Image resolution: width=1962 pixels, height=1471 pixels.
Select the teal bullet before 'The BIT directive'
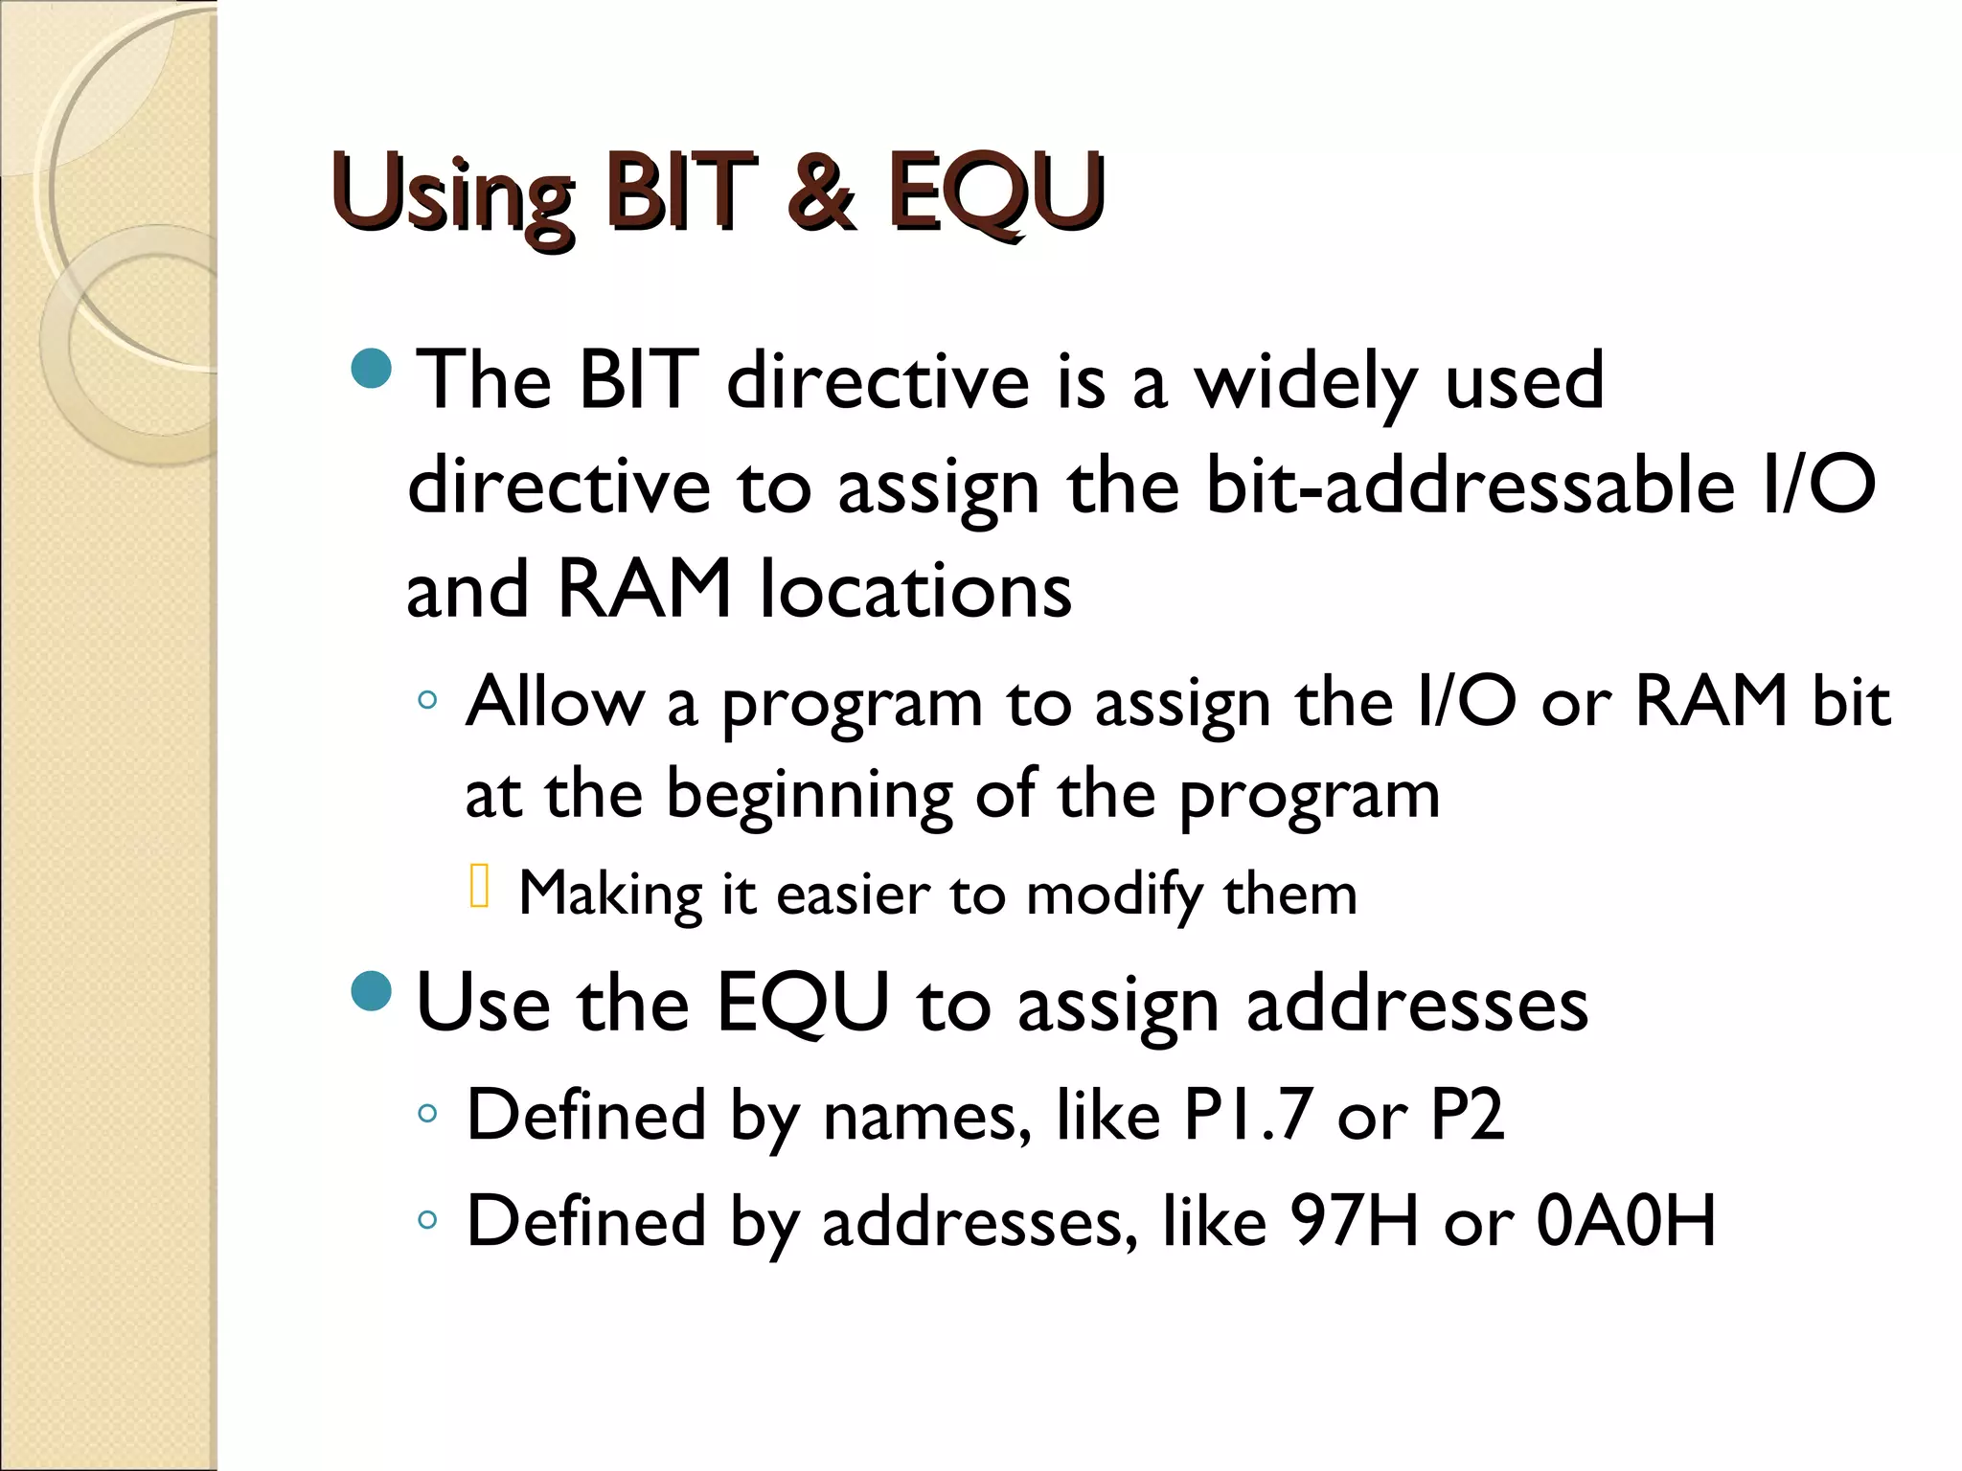tap(372, 369)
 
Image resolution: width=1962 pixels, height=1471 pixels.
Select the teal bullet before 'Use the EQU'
tap(372, 991)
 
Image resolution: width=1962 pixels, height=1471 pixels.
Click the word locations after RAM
tap(916, 590)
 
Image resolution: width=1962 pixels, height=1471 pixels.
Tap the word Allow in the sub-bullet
tap(555, 702)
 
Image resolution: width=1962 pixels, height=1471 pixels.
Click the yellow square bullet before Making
tap(480, 886)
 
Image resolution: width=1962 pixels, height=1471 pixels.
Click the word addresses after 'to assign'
tap(1417, 1006)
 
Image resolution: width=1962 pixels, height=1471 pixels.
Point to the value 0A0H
tap(1626, 1222)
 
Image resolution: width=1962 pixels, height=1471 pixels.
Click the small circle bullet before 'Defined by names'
tap(427, 1114)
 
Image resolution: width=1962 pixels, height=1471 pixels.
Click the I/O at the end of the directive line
tap(1817, 487)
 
